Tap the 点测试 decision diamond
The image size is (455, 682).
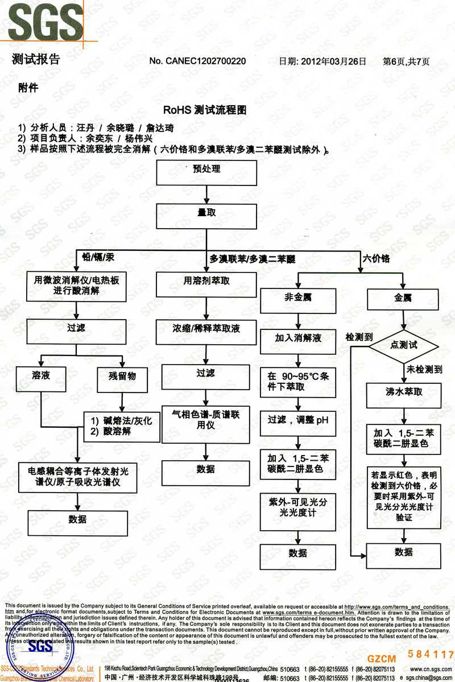[x=404, y=345]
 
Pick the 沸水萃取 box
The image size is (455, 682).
[x=403, y=392]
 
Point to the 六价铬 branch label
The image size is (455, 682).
[x=377, y=259]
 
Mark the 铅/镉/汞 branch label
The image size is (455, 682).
[x=98, y=258]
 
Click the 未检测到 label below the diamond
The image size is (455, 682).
[x=424, y=370]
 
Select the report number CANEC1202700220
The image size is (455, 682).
[x=197, y=61]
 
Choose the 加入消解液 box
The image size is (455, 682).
[x=298, y=338]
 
